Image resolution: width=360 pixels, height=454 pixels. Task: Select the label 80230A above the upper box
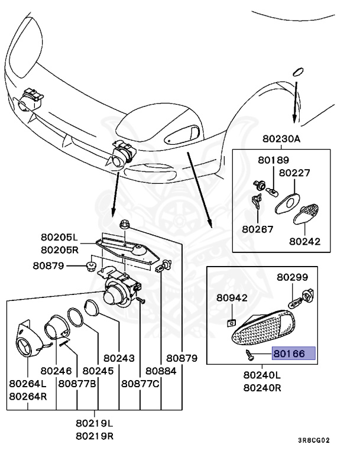click(x=282, y=139)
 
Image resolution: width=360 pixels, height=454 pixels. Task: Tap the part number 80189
click(x=273, y=160)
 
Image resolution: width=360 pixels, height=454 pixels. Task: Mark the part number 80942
click(x=231, y=299)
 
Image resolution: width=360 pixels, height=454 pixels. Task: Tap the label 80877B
click(x=77, y=383)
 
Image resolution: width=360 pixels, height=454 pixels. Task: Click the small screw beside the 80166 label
click(x=249, y=355)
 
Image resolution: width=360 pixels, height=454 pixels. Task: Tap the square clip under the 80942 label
click(x=232, y=323)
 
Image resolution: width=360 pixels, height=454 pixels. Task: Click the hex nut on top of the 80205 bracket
click(x=124, y=224)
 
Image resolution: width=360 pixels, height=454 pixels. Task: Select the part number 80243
click(x=119, y=358)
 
